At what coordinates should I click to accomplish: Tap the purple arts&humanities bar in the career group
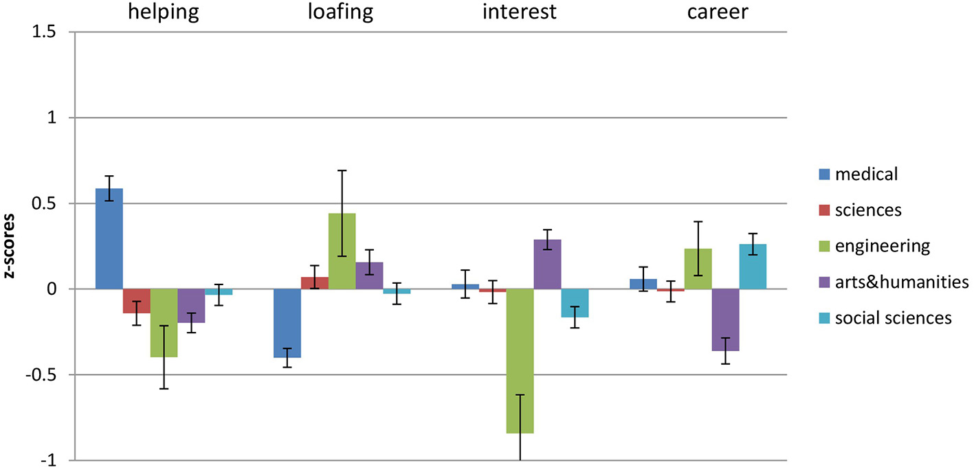pos(725,320)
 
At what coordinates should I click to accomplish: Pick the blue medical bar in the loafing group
pos(287,323)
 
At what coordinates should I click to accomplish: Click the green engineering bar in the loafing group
pos(342,251)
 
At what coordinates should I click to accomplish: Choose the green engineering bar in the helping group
pos(164,323)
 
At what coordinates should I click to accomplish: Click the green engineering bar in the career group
pos(698,269)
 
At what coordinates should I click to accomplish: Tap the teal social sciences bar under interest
pos(575,303)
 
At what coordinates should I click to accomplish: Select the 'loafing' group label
pos(342,12)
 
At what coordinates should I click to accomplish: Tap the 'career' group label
pos(717,12)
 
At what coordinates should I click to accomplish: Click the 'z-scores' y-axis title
pos(10,247)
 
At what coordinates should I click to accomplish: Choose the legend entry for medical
pos(866,174)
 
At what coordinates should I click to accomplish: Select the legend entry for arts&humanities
pos(901,282)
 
